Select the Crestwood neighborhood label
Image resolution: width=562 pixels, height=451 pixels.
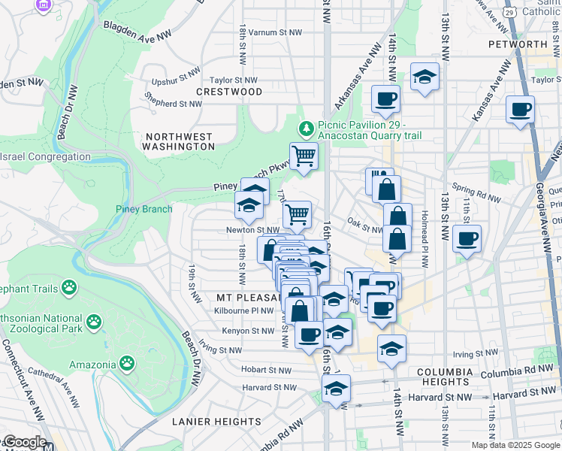[x=229, y=92]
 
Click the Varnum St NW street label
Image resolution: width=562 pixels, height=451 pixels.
[x=276, y=32]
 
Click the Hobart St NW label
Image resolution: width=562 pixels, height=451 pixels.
[x=266, y=370]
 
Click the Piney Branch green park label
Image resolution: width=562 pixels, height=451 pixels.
[x=144, y=209]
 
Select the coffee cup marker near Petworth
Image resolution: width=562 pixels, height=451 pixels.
[x=520, y=110]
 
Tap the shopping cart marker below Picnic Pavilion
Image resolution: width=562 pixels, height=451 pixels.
[x=304, y=156]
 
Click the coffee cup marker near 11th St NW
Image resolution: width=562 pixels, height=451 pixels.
[x=467, y=240]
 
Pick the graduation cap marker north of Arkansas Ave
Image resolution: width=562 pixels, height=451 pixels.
[x=425, y=77]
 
